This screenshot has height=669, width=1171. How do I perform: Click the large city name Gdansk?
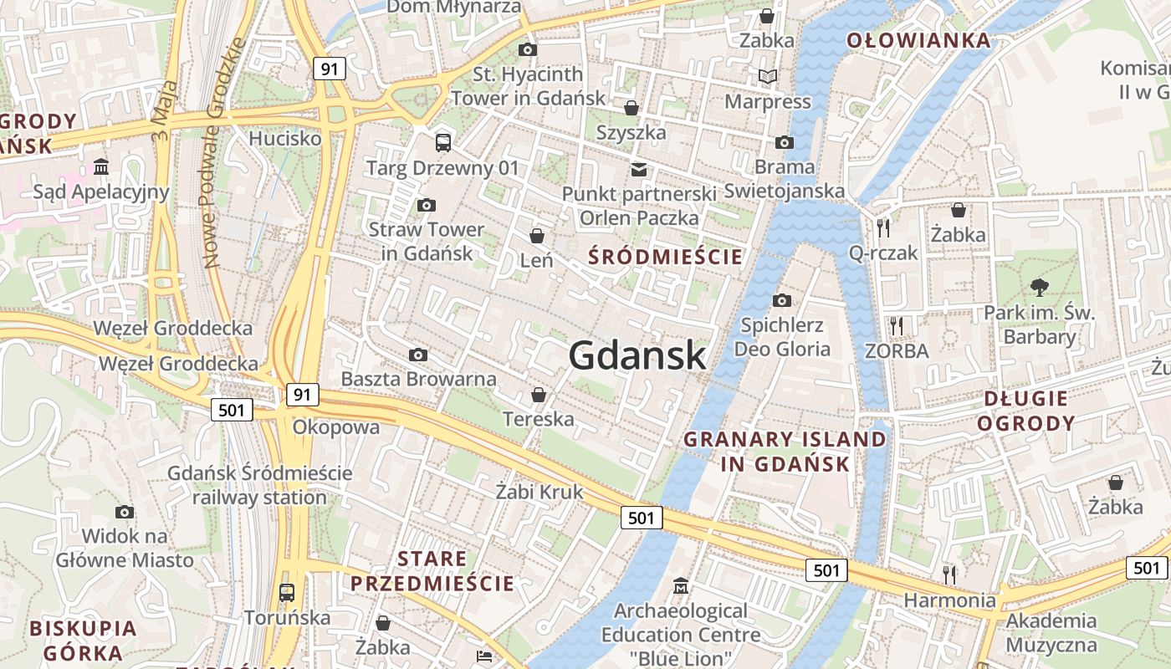pyautogui.click(x=637, y=355)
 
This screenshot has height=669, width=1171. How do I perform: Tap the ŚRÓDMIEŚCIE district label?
pyautogui.click(x=665, y=257)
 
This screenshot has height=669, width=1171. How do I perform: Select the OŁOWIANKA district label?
pyautogui.click(x=918, y=40)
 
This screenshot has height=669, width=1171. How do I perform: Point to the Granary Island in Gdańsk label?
pyautogui.click(x=785, y=452)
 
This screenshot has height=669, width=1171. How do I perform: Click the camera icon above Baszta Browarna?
pyautogui.click(x=418, y=355)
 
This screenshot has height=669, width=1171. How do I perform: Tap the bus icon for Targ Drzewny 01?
pyautogui.click(x=442, y=143)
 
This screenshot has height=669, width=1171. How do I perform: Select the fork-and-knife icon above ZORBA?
pyautogui.click(x=897, y=325)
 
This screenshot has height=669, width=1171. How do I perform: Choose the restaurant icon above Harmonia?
pyautogui.click(x=949, y=575)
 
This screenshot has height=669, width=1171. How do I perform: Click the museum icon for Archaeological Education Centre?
pyautogui.click(x=681, y=585)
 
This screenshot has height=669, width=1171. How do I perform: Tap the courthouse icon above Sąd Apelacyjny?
pyautogui.click(x=101, y=167)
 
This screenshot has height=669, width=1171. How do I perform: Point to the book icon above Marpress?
pyautogui.click(x=767, y=77)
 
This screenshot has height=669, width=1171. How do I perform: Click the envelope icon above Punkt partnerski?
pyautogui.click(x=639, y=170)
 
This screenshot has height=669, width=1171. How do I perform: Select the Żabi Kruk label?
pyautogui.click(x=539, y=492)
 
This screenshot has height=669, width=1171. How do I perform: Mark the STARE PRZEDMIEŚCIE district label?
pyautogui.click(x=432, y=571)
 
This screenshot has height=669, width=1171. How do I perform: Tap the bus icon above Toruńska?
pyautogui.click(x=287, y=593)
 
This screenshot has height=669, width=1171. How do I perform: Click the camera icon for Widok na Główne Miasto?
pyautogui.click(x=125, y=512)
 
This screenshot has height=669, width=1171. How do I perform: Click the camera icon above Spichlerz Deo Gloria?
pyautogui.click(x=782, y=300)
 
